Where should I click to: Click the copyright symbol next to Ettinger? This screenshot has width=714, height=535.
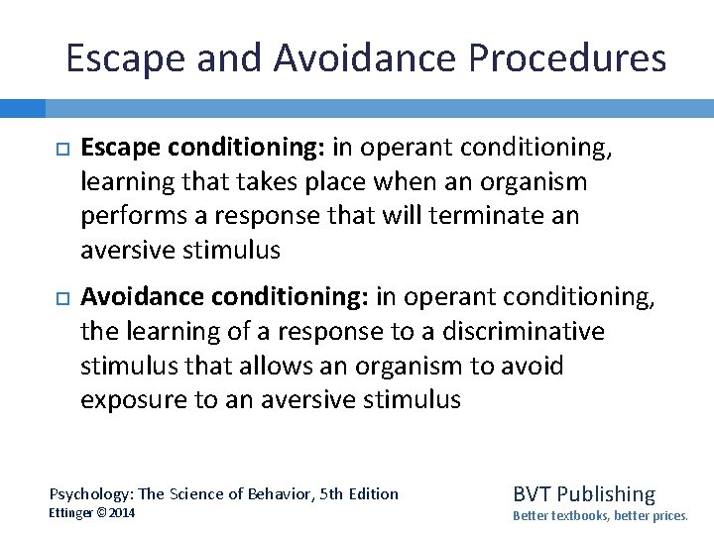pos(103,513)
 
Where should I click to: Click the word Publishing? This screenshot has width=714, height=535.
pos(607,493)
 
